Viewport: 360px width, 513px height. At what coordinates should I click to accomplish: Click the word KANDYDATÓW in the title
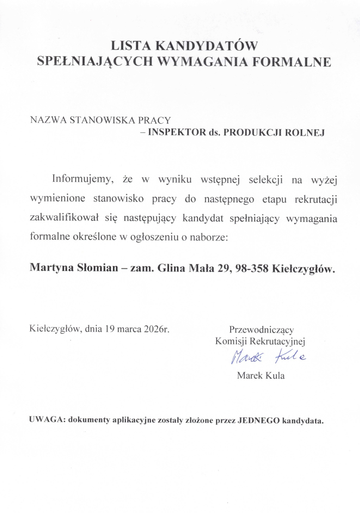[x=207, y=46]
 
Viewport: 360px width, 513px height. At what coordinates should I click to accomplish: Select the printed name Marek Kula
[x=260, y=376]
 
